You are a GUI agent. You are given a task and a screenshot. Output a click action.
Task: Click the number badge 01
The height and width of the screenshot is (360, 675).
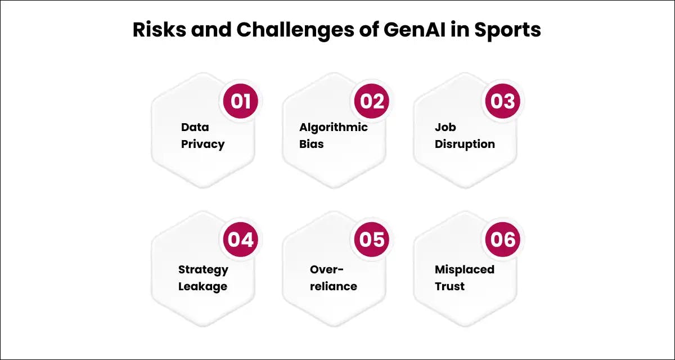point(241,101)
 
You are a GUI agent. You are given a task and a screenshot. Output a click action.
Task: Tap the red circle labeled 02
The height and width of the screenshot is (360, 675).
point(372,101)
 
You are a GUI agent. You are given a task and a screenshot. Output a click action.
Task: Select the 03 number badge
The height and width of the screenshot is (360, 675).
point(503,101)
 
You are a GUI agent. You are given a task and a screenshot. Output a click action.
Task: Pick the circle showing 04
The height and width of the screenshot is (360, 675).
point(241,240)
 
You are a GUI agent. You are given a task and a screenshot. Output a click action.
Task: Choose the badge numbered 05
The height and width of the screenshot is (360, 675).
point(372,240)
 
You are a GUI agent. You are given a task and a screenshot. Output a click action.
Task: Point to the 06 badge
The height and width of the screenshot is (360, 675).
point(503,240)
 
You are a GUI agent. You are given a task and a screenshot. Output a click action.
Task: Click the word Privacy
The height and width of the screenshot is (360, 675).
point(202,144)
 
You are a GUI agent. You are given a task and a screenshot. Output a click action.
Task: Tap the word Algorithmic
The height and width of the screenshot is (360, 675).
point(334,127)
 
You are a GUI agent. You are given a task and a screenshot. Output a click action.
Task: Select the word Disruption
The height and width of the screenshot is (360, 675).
point(465,144)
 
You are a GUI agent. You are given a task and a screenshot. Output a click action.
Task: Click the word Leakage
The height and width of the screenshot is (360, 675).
point(202,286)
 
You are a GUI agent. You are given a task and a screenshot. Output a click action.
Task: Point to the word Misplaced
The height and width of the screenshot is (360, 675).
point(465,269)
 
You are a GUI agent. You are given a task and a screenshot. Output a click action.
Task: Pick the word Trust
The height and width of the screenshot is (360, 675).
point(449,286)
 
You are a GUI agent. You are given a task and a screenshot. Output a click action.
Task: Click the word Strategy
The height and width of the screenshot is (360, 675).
point(203,269)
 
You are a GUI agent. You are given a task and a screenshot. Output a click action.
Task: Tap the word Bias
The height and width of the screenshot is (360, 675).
point(312,144)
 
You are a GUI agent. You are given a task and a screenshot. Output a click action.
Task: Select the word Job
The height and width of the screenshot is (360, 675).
point(445,127)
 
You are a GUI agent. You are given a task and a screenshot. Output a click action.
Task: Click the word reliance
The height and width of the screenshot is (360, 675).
point(334,286)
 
